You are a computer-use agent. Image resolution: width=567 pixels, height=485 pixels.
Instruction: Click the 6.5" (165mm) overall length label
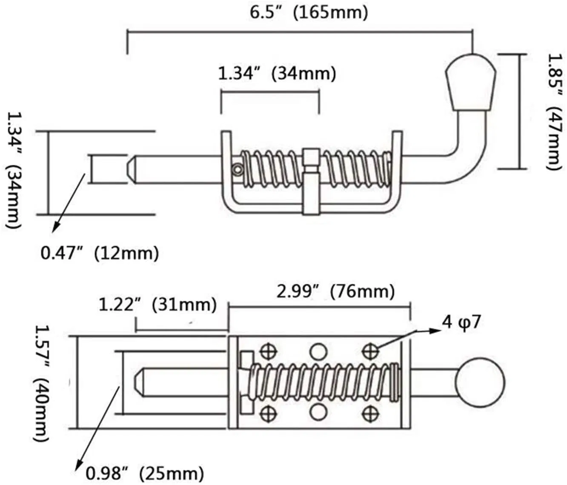coord(308,13)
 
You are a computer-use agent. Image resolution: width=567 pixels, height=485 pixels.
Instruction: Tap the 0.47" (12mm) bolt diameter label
coord(100,254)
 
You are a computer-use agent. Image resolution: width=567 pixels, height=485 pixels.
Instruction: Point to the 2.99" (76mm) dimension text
coord(335,292)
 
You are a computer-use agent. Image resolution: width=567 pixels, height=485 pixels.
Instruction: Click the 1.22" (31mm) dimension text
coord(157,305)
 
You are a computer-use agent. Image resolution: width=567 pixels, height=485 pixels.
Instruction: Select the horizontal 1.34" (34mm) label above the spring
coord(277,74)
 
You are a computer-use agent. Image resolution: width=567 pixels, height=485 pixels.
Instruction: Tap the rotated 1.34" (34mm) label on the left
coord(14,170)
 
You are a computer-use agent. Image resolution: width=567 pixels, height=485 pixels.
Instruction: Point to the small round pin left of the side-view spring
coord(237,170)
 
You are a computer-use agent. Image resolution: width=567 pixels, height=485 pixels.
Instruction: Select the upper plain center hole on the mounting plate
coord(318,351)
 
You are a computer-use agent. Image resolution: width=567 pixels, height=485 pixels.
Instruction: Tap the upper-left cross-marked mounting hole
coord(268,351)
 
